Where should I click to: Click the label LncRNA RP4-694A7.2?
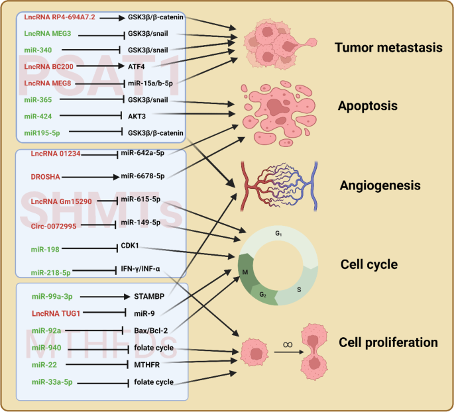pos(60,15)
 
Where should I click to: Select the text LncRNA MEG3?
pos(48,32)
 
